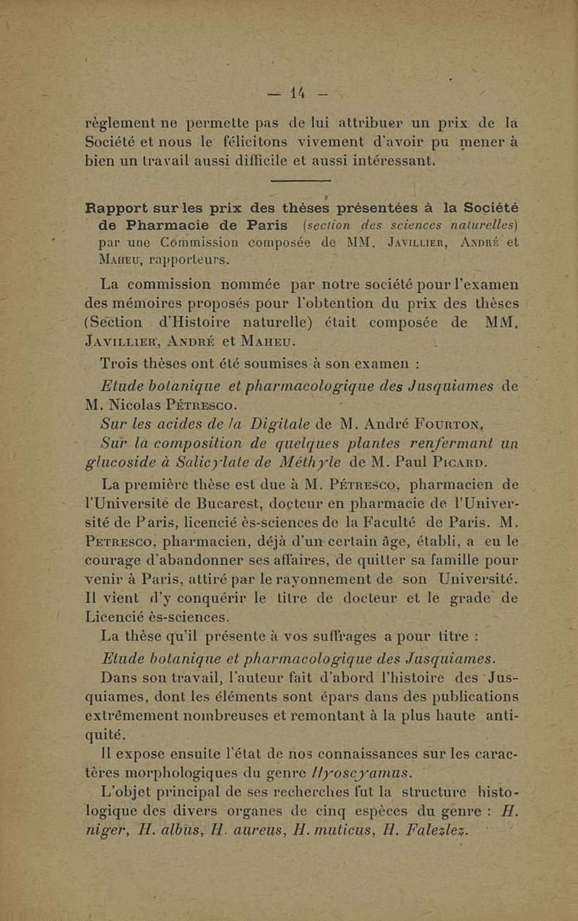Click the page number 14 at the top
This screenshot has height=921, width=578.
(298, 93)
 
